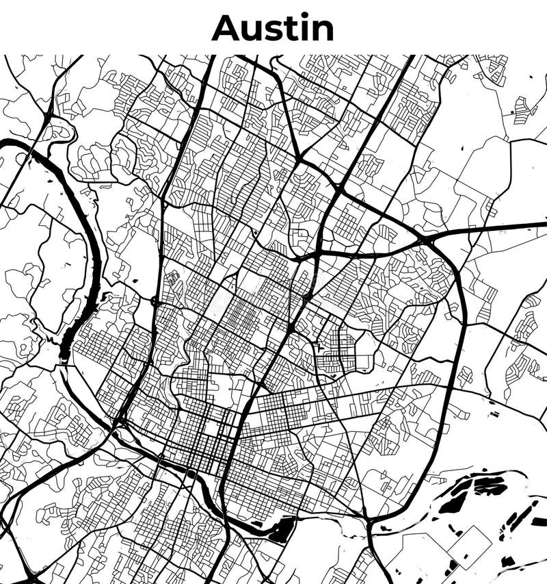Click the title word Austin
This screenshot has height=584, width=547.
click(273, 28)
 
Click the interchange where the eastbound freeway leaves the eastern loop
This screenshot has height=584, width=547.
click(427, 239)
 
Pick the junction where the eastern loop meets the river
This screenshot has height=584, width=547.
click(369, 524)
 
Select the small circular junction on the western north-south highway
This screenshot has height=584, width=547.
click(155, 301)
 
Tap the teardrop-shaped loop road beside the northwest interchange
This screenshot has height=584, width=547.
click(60, 130)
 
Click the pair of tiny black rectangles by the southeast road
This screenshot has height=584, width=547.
click(494, 414)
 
